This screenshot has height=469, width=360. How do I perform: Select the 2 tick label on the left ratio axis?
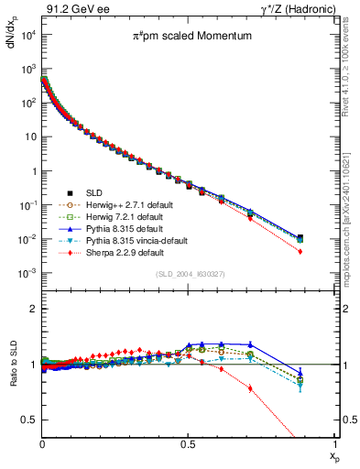click(32, 309)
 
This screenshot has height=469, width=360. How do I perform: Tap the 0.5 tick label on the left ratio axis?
click(27, 420)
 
